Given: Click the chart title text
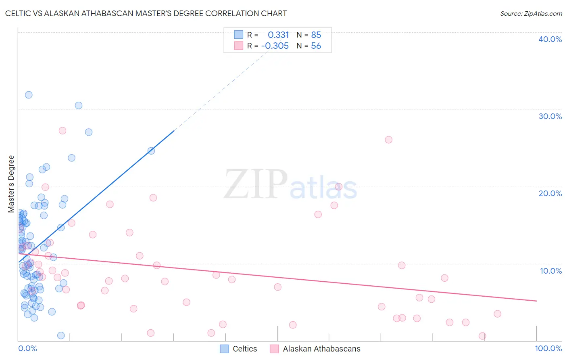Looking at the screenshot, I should point(146,13).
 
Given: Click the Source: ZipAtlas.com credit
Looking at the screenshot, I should point(531,14).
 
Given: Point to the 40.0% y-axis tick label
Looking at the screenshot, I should point(550,39).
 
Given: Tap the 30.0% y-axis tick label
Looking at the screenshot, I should point(550,116).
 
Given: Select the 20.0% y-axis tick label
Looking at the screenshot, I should point(550,193).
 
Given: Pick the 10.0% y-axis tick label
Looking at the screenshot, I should point(551,271).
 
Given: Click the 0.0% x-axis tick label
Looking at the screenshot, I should point(27,348).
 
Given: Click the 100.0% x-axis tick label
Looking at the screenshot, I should point(548,348).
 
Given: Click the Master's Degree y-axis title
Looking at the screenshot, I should point(11,184).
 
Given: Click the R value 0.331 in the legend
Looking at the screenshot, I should point(278,35).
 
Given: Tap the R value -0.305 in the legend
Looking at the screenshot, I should point(275,46).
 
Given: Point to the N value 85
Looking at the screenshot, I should point(316,35).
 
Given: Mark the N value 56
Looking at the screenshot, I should point(316,46).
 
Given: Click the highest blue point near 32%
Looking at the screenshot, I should point(29,95).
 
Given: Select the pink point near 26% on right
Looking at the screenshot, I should point(388,140).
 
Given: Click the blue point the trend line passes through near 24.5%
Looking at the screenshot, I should point(151,151).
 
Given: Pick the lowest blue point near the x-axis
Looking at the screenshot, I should point(61,335).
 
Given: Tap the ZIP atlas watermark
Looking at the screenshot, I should point(290,185).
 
